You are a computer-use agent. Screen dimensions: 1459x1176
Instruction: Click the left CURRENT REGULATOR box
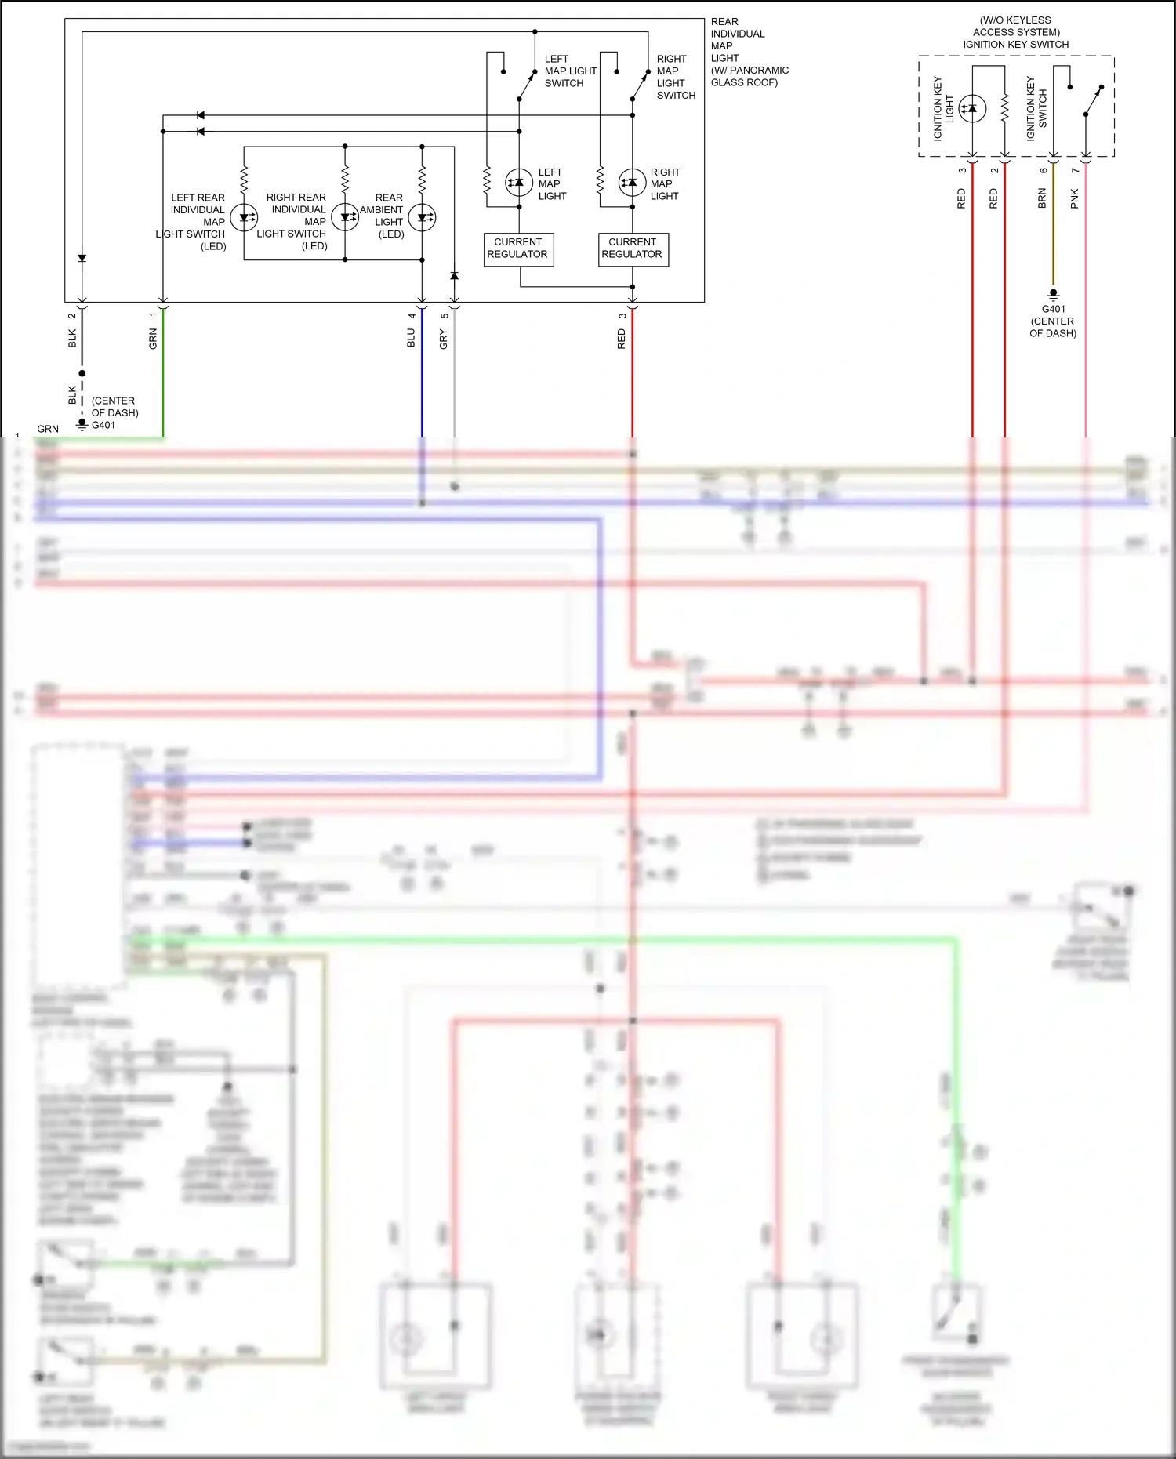coord(518,249)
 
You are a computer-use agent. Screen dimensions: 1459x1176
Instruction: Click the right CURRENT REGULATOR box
coord(633,249)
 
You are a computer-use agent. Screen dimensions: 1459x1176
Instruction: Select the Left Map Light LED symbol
coord(518,183)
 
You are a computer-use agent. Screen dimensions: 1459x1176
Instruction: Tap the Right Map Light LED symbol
coord(633,183)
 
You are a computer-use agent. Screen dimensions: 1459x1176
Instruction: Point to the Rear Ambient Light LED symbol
coord(423,218)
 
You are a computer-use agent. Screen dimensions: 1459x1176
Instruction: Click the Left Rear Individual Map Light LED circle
coord(244,218)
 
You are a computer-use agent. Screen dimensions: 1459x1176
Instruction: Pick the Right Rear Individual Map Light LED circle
coord(345,218)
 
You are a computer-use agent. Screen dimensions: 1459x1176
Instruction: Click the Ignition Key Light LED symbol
coord(972,108)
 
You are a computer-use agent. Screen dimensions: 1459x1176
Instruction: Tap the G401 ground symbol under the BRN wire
coord(1053,294)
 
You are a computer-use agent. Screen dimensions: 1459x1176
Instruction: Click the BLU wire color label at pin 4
coord(411,338)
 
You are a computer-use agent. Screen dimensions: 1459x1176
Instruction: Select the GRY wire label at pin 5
coord(444,339)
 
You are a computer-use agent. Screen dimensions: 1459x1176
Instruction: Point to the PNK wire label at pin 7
coord(1074,198)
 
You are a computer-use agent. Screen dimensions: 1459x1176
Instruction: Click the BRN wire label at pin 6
coord(1042,198)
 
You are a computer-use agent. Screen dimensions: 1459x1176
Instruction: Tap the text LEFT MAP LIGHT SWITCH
coord(570,71)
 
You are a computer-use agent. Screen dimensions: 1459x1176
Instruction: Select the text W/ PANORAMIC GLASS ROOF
coord(749,76)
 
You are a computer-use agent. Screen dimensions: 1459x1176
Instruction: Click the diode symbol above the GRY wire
coord(454,276)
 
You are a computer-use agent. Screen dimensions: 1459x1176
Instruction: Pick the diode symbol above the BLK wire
coord(82,258)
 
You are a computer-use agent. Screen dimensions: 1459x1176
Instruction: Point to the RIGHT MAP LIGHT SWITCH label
coord(675,77)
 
